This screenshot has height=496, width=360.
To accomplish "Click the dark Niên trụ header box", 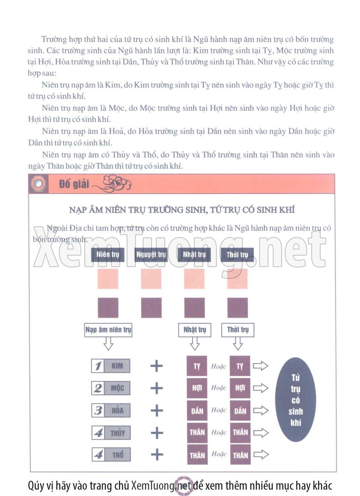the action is [x=108, y=255].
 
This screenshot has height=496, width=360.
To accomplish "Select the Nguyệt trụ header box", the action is [x=151, y=255].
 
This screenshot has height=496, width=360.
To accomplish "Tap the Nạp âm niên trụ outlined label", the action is [x=108, y=330].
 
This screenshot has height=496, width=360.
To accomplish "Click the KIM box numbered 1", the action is [x=111, y=366].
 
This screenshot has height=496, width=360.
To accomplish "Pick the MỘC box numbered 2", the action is [x=111, y=388].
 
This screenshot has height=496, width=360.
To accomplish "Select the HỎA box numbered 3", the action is [x=111, y=411].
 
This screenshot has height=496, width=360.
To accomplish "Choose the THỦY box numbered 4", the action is [x=111, y=433].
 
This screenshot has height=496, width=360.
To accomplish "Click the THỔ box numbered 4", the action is [x=111, y=455].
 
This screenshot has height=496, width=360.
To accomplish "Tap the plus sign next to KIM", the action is [x=156, y=366].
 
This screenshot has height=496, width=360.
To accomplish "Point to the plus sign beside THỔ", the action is [x=157, y=455].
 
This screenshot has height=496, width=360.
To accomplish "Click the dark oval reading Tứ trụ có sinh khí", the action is [x=296, y=399].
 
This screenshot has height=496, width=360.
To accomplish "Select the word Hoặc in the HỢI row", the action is [x=219, y=388].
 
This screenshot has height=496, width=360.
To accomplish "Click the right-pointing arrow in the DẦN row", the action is [x=261, y=411].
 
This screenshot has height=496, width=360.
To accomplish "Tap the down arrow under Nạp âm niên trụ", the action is [x=108, y=343].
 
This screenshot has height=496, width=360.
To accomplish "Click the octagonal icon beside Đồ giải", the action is [x=38, y=184].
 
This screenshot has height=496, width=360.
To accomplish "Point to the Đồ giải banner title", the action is [x=74, y=184].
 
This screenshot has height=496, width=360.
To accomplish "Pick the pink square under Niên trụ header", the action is [x=108, y=279].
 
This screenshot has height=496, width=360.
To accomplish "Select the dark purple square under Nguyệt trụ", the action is [x=151, y=307].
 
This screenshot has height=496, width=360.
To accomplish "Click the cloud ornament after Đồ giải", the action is [x=112, y=184].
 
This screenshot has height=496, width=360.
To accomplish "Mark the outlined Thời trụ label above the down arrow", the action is [x=238, y=330].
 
